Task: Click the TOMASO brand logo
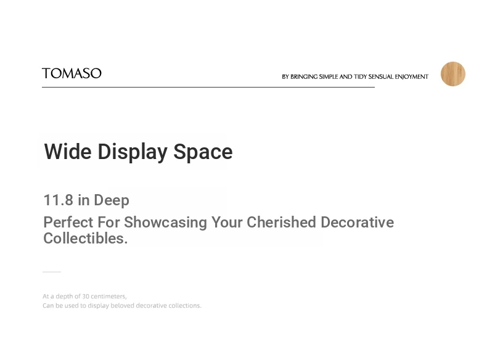(72, 73)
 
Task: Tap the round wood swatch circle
(453, 74)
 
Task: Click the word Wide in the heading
(68, 152)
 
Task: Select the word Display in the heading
(133, 152)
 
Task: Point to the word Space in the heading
(203, 152)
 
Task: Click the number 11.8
(59, 200)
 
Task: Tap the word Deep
(112, 201)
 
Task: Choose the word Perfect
(68, 223)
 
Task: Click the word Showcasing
(166, 223)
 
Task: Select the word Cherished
(281, 223)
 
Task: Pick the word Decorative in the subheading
(357, 223)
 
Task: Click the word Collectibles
(86, 238)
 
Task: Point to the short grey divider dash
(52, 272)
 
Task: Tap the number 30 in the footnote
(86, 297)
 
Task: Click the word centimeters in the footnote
(108, 297)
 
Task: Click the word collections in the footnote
(185, 306)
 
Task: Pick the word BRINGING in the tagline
(304, 76)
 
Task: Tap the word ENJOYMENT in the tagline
(412, 76)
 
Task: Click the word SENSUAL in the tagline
(381, 76)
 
